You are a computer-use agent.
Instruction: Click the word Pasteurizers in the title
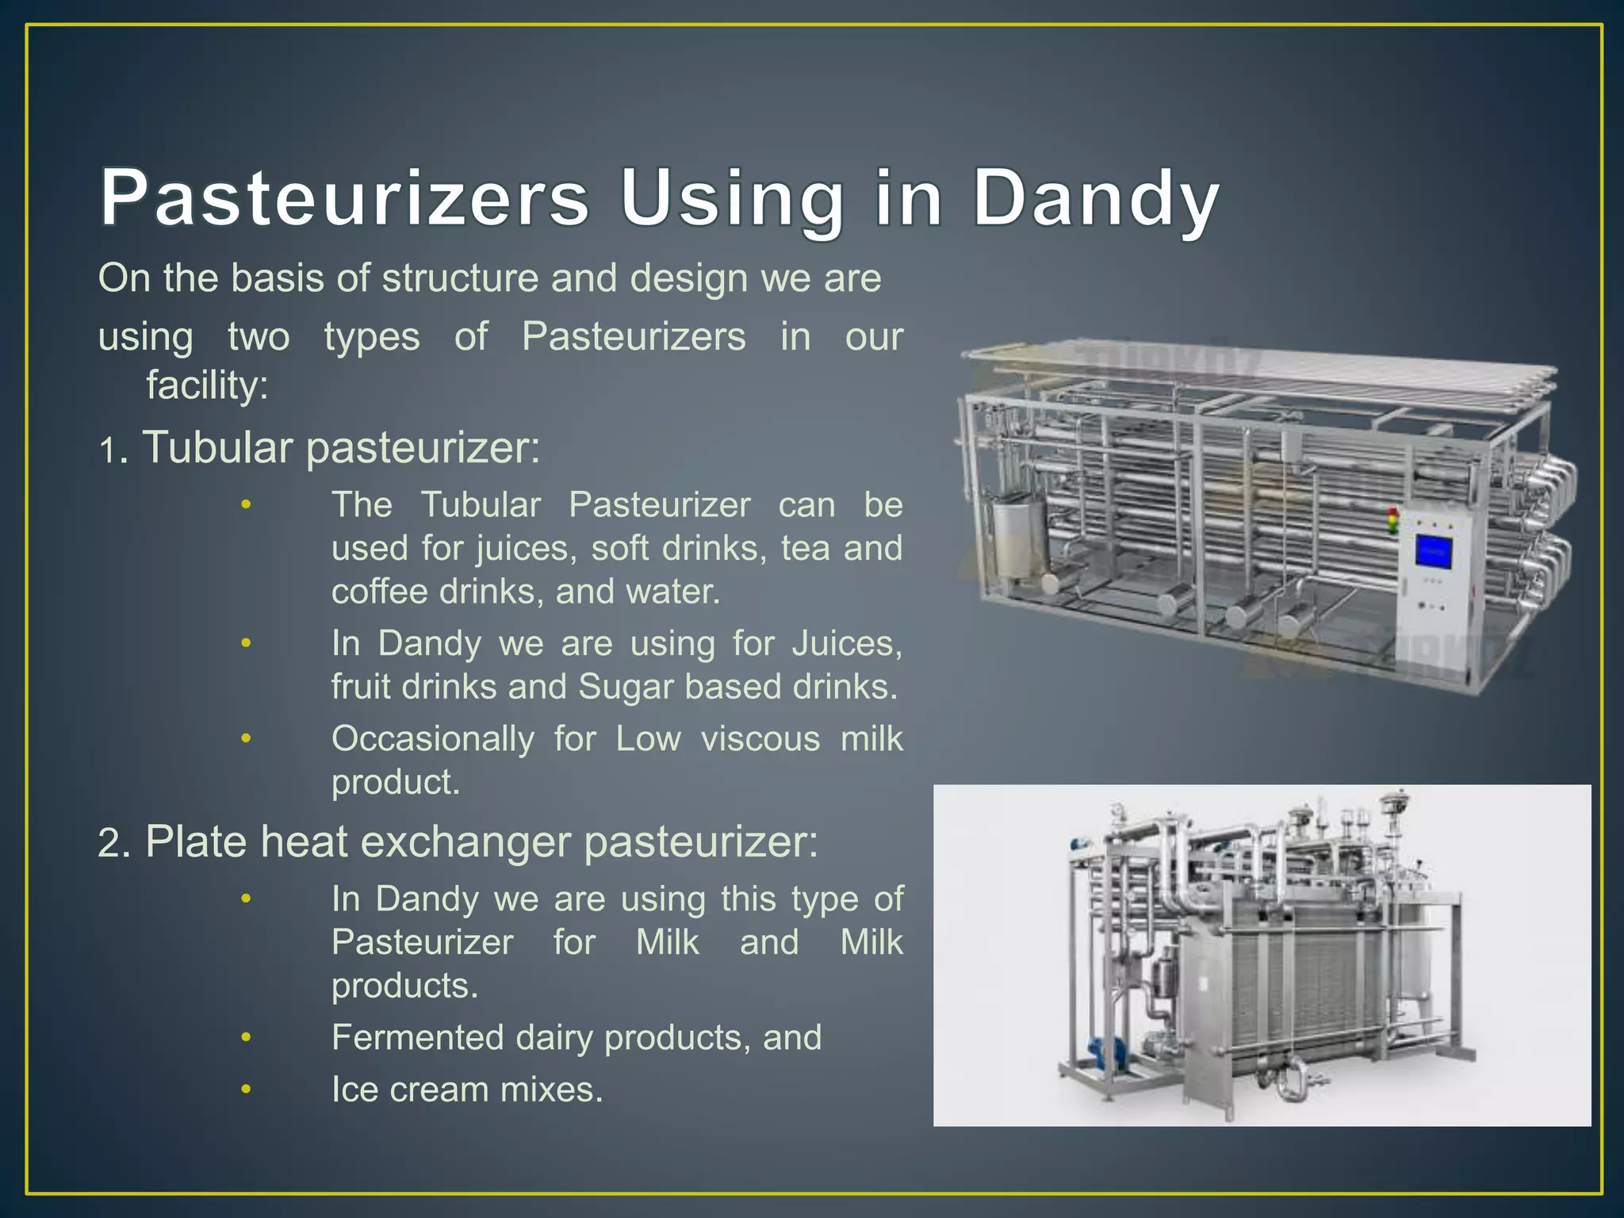coord(344,197)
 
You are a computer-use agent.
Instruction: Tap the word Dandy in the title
coord(1095,197)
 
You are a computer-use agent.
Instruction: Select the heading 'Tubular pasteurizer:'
coord(341,447)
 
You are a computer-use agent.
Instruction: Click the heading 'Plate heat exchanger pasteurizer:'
coord(481,841)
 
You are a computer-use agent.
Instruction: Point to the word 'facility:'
coord(207,385)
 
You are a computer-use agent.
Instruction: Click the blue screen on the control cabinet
coord(1434,553)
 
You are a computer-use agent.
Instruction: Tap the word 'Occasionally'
coord(432,739)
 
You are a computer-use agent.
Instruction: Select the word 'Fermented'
coord(417,1037)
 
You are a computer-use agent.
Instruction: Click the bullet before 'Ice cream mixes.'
coord(246,1089)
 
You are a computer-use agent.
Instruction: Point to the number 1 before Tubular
coord(108,450)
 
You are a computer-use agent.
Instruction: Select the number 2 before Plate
coord(110,844)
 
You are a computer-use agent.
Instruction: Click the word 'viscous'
coord(760,739)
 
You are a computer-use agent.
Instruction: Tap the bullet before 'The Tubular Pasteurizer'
coord(246,504)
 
